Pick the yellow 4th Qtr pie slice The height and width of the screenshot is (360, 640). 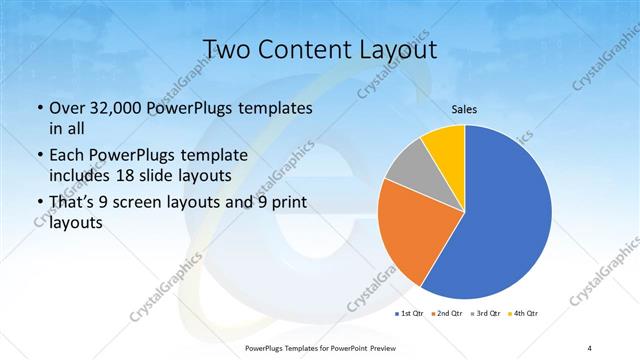click(x=443, y=145)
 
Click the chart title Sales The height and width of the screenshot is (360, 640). click(x=464, y=110)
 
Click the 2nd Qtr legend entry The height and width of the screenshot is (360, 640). click(x=446, y=314)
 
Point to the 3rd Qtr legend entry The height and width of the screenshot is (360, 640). click(x=485, y=314)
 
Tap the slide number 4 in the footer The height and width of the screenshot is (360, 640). click(x=590, y=346)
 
